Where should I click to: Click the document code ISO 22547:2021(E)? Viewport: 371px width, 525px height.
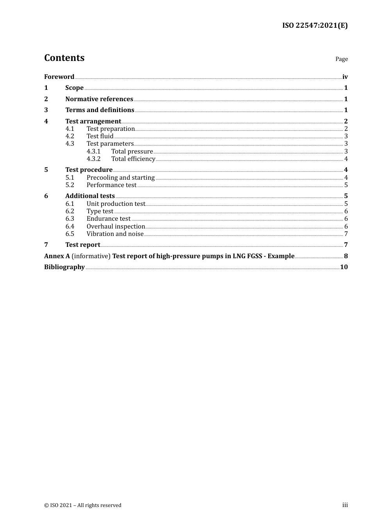315,25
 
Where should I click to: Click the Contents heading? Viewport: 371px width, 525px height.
64,58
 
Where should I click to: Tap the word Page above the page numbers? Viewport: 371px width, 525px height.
341,59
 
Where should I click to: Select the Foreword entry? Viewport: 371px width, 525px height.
59,77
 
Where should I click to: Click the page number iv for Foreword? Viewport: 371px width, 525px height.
345,77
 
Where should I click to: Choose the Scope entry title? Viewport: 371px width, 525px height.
74,88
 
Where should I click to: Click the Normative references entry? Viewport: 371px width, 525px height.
99,99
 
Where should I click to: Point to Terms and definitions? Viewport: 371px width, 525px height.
100,110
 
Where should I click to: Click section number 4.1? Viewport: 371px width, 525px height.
70,129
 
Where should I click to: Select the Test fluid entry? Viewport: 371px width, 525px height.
100,136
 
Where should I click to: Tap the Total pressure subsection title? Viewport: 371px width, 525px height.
132,152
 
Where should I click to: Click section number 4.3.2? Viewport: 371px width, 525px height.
93,159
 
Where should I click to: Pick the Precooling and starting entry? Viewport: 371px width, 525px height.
121,178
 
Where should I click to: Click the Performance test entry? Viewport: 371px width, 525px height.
111,185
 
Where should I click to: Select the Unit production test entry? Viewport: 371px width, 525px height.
116,204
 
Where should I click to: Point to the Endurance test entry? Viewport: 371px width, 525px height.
109,219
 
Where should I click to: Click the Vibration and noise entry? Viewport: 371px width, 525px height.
115,234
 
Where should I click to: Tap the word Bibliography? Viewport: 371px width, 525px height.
64,267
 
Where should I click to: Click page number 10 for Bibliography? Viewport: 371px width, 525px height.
344,267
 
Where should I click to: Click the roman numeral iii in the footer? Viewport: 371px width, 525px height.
345,505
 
